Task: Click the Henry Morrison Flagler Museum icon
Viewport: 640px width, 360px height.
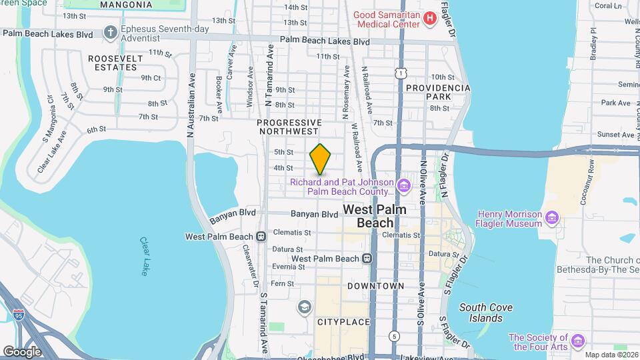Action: [x=551, y=218]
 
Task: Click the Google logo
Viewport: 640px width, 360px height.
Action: [x=22, y=351]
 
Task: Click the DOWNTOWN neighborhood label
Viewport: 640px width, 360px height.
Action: [x=376, y=286]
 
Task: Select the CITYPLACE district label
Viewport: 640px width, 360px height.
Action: [x=343, y=322]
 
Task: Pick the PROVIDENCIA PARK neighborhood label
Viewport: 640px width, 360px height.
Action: [x=438, y=93]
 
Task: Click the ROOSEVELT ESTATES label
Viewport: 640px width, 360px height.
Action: [x=116, y=63]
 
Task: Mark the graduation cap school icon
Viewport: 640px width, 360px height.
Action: [x=305, y=307]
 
